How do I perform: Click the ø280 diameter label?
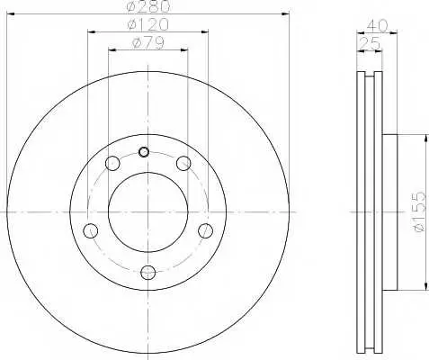(x=148, y=6)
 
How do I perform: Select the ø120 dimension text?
(x=147, y=24)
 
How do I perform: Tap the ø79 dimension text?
(x=148, y=43)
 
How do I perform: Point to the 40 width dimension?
(x=377, y=25)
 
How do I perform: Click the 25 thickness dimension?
(x=370, y=43)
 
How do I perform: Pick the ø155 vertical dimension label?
(x=419, y=212)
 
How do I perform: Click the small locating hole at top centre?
(x=144, y=152)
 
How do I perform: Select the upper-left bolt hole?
(x=112, y=164)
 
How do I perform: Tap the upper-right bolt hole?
(x=183, y=164)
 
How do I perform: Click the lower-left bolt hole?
(x=91, y=231)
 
